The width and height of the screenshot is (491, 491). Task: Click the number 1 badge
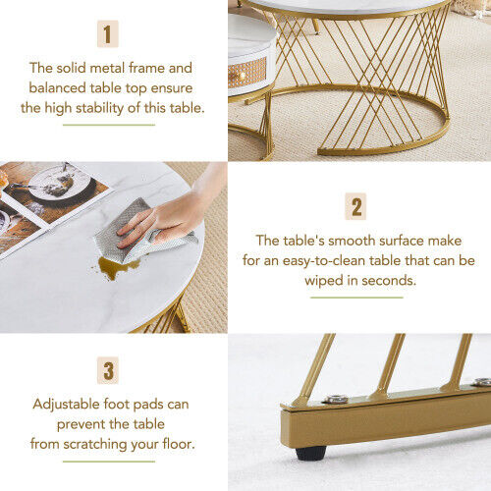pyautogui.click(x=108, y=33)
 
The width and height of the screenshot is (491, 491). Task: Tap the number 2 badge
pyautogui.click(x=355, y=206)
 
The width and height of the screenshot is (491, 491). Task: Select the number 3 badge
pyautogui.click(x=108, y=370)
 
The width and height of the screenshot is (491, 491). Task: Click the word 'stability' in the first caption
pyautogui.click(x=100, y=108)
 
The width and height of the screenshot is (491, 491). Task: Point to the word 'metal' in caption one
pyautogui.click(x=107, y=68)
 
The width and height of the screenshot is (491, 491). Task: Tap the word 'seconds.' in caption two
pyautogui.click(x=389, y=281)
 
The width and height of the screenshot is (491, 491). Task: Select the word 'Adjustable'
pyautogui.click(x=67, y=405)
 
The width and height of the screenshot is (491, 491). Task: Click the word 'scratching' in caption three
pyautogui.click(x=95, y=445)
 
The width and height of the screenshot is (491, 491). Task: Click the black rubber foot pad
pyautogui.click(x=311, y=454)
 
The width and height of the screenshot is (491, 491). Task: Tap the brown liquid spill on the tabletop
pyautogui.click(x=116, y=267)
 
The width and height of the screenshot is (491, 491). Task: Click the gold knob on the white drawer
pyautogui.click(x=242, y=77)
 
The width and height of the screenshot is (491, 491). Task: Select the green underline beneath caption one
pyautogui.click(x=109, y=125)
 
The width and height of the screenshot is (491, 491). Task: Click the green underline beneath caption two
pyautogui.click(x=356, y=298)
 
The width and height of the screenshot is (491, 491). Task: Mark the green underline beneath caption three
pyautogui.click(x=109, y=462)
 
